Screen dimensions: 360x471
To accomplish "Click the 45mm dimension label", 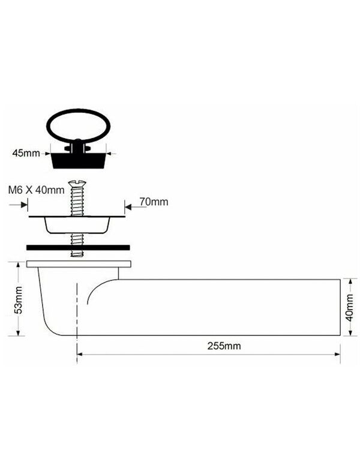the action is click(26, 153).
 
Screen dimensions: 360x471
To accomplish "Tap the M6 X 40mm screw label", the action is click(37, 190).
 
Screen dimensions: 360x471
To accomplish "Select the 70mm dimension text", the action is click(154, 202).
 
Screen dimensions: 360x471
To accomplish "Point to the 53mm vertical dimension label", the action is click(19, 300).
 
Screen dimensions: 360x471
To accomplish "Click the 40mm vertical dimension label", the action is click(350, 308).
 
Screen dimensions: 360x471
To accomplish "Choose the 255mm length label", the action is click(224, 346).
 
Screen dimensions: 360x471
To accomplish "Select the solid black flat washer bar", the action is click(78, 248).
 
